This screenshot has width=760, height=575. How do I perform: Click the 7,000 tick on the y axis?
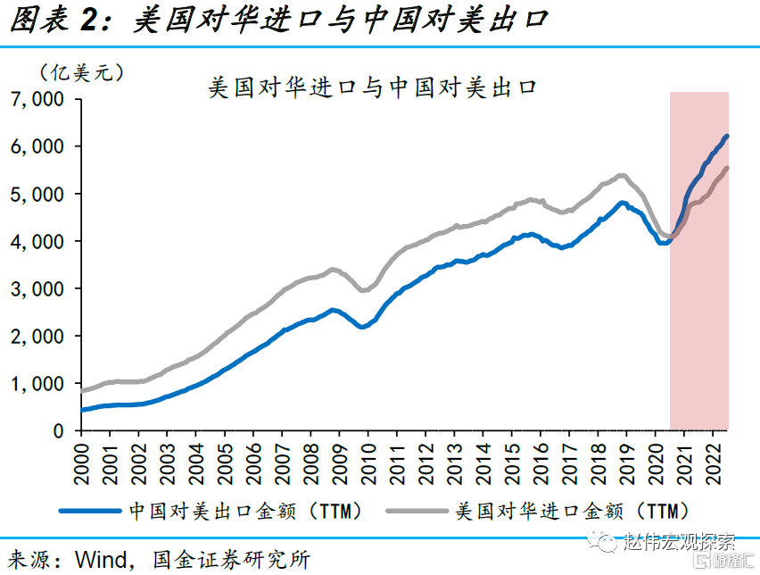[x=37, y=99]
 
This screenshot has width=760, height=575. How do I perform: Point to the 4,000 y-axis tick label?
[x=37, y=241]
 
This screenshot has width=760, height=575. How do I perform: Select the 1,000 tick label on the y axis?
[x=37, y=383]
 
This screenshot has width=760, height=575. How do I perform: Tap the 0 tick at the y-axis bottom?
[x=58, y=431]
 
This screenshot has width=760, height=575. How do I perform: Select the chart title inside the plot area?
[x=373, y=89]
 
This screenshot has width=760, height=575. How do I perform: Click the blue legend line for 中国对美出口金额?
[x=89, y=512]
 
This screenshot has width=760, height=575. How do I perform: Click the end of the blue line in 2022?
[x=727, y=137]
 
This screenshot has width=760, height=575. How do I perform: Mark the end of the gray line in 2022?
[x=727, y=169]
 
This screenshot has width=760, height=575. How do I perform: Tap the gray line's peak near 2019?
[x=622, y=175]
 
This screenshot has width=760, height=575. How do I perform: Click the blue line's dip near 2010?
[x=363, y=327]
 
